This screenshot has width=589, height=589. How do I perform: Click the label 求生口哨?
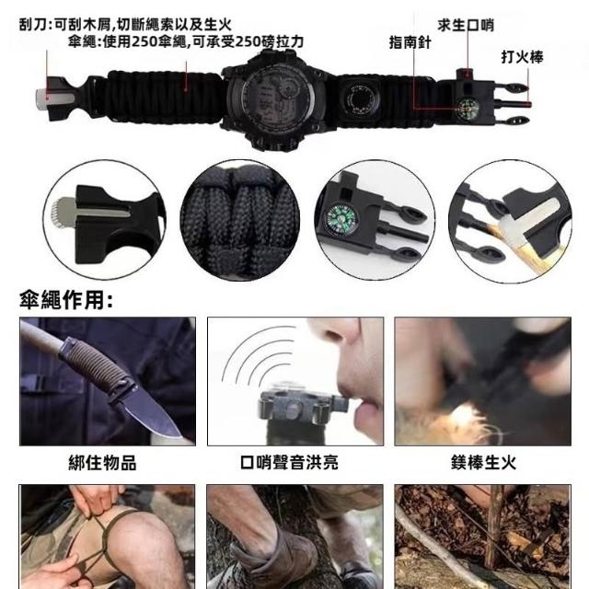(466, 25)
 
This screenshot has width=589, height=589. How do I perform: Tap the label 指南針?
(410, 42)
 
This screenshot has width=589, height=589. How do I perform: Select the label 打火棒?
(522, 57)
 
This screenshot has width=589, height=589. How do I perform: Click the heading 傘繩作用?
(66, 300)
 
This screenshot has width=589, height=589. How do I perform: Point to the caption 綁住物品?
(102, 462)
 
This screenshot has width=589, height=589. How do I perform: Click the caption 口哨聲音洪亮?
(289, 462)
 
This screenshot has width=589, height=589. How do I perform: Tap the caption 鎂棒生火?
(483, 462)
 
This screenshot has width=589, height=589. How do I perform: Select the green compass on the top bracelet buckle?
(468, 109)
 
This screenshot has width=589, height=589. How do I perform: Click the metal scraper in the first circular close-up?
(90, 213)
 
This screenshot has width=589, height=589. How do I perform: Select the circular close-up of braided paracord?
(239, 221)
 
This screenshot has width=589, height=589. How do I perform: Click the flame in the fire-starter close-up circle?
(522, 244)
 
